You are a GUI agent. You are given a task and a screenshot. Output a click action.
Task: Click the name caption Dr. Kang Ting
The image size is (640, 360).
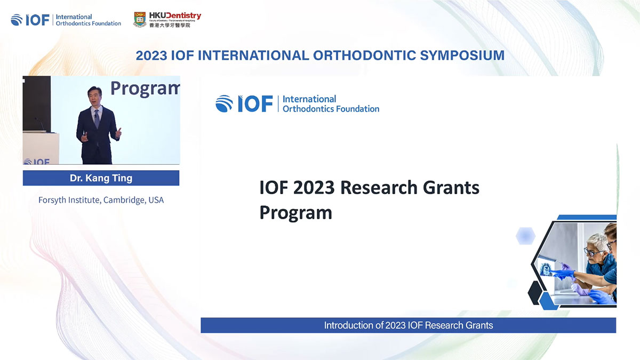pyautogui.click(x=101, y=178)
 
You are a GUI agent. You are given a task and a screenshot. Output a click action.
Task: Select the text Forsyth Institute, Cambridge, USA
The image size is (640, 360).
pyautogui.click(x=101, y=201)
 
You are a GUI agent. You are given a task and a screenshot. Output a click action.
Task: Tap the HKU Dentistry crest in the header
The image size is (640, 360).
pyautogui.click(x=140, y=19)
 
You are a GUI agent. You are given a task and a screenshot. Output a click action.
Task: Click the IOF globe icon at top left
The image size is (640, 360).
pyautogui.click(x=17, y=20)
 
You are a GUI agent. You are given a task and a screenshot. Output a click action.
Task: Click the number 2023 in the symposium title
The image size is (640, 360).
pyautogui.click(x=151, y=55)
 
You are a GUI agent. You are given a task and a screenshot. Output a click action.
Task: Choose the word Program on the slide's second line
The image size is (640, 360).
pyautogui.click(x=295, y=212)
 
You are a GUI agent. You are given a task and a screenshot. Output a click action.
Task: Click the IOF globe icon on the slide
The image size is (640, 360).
pyautogui.click(x=224, y=103)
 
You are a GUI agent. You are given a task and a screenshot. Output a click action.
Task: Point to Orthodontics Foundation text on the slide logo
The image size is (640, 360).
pyautogui.click(x=331, y=109)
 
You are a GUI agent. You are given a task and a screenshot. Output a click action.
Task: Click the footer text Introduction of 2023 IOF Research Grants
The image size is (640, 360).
pyautogui.click(x=408, y=325)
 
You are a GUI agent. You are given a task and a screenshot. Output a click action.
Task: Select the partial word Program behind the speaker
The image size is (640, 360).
pyautogui.click(x=145, y=89)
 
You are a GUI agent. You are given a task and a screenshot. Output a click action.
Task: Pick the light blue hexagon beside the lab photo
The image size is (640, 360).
pyautogui.click(x=525, y=235)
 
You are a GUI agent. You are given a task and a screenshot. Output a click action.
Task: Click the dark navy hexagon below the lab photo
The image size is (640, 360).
pyautogui.click(x=535, y=292)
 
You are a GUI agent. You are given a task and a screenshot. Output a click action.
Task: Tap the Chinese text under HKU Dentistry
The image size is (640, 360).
pyautogui.click(x=169, y=25)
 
